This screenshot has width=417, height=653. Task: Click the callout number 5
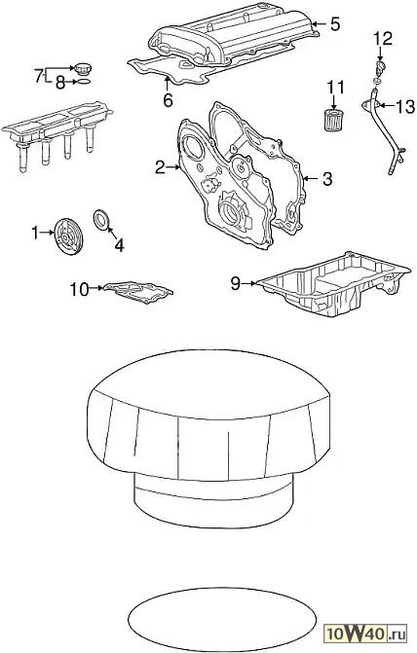(x=335, y=24)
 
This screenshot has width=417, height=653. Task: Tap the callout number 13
(x=405, y=107)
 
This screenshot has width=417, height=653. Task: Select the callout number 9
(x=236, y=283)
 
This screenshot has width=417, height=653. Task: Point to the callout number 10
(x=79, y=289)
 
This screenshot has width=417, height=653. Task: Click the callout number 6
(x=168, y=100)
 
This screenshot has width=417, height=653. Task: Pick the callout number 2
(x=160, y=167)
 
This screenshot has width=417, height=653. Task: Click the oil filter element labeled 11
(x=333, y=121)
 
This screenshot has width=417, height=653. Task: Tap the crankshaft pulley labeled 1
(x=68, y=235)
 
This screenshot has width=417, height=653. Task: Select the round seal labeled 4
(x=101, y=220)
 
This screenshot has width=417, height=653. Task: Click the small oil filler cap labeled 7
(x=82, y=68)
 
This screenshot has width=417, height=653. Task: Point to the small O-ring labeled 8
(x=83, y=81)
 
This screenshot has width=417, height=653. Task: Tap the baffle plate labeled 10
(x=138, y=292)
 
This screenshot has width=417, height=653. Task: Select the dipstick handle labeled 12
(x=379, y=66)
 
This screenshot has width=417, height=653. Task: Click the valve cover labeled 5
(x=234, y=38)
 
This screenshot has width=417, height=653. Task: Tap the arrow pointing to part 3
(x=310, y=179)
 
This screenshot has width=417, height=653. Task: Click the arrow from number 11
(x=333, y=101)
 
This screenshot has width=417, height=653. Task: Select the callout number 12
(x=383, y=38)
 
